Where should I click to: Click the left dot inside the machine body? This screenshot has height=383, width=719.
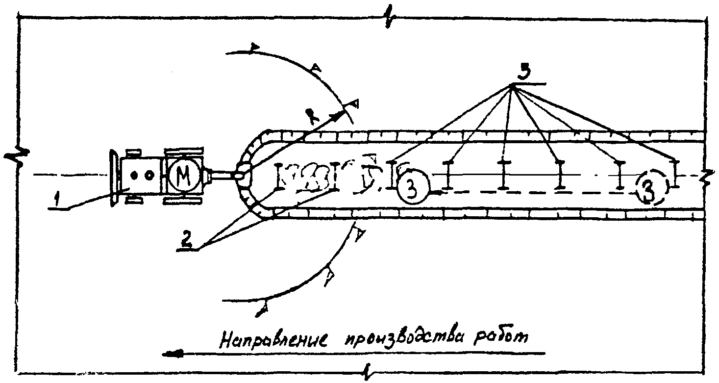(133, 174)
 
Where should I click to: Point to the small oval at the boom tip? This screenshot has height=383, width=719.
(242, 172)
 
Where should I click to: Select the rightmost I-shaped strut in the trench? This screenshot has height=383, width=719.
(676, 174)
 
